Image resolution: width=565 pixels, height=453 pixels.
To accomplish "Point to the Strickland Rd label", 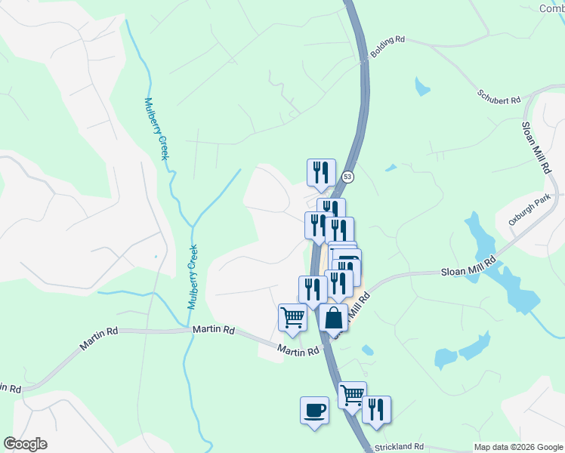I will click(400, 447).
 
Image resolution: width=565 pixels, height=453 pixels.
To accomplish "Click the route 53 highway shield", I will click(347, 177).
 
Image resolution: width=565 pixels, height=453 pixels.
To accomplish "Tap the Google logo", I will click(25, 444).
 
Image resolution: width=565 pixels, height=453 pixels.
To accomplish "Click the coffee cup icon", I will click(314, 411).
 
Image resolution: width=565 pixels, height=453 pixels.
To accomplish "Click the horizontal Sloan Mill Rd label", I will click(468, 269).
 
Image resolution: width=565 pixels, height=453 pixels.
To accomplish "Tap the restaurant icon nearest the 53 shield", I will click(320, 173).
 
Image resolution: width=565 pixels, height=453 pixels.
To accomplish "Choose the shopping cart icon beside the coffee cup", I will click(352, 394).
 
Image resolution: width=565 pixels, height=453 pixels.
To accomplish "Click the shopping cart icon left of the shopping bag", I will click(292, 317).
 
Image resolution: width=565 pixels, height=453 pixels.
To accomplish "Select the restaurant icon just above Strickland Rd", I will click(375, 409).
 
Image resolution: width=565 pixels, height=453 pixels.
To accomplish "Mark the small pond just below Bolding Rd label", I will click(421, 88).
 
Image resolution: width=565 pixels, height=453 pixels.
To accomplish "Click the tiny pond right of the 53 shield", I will click(391, 168).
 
